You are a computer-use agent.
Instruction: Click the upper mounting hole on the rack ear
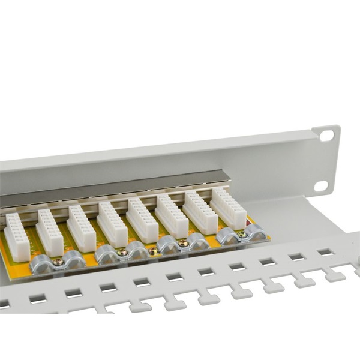tap(326, 136)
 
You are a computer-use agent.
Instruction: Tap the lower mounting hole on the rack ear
tap(320, 185)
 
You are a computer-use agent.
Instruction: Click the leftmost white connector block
tap(16, 237)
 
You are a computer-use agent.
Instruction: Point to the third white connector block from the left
tap(81, 228)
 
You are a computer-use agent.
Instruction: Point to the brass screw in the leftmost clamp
tap(58, 261)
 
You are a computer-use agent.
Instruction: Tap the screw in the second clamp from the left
tap(122, 253)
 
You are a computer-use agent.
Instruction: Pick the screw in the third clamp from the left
tap(183, 243)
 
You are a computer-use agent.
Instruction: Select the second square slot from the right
tap(296, 257)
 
